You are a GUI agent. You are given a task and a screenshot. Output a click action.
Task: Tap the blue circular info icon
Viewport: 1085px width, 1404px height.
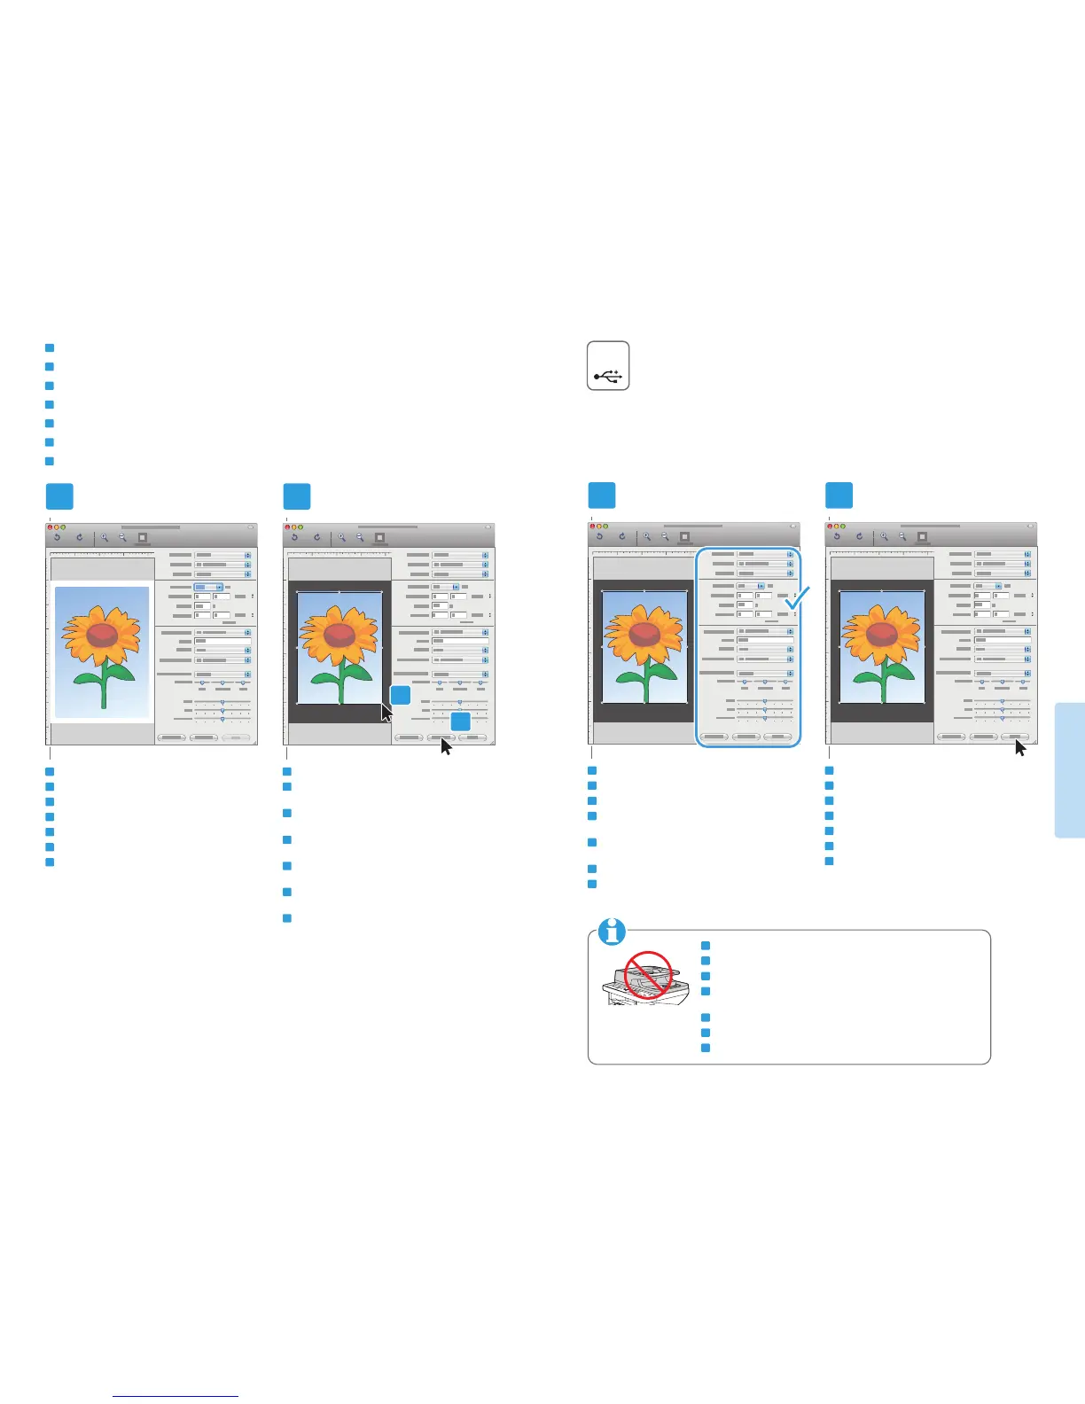pos(612,932)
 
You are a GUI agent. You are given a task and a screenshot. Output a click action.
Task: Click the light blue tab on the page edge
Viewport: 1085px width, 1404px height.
pos(1069,768)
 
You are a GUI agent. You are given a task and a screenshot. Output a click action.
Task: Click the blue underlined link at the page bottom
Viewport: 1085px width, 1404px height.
pos(176,1397)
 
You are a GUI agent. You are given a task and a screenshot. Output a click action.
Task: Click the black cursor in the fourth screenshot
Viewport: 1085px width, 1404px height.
pos(1020,747)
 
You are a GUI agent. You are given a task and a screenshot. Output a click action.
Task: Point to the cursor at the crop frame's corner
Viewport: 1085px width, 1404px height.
pos(386,712)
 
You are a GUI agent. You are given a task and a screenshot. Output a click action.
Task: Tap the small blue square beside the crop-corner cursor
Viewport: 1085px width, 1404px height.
pos(401,695)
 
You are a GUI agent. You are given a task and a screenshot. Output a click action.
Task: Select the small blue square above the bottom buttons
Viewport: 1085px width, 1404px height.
pos(460,721)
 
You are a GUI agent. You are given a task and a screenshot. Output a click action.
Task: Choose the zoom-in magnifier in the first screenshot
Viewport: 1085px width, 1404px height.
pos(104,537)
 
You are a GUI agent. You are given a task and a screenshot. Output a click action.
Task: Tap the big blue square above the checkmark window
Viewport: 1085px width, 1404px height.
pos(602,495)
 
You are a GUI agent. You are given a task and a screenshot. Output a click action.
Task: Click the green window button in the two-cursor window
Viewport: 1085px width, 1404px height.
pos(301,526)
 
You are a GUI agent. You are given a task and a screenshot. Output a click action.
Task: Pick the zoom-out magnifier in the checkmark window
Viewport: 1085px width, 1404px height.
pos(665,537)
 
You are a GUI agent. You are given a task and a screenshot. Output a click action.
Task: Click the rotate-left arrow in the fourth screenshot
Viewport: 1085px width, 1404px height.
pos(836,537)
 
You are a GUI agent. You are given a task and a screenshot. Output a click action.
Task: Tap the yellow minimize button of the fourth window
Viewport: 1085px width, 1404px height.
pos(837,526)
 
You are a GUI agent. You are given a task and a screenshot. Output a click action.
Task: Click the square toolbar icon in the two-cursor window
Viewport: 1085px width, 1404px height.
pos(379,537)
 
